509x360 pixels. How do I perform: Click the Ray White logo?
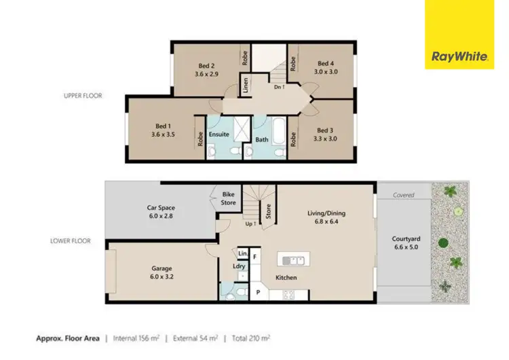(x=459, y=35)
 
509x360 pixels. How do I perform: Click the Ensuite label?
(x=219, y=134)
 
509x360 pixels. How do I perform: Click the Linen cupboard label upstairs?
(x=246, y=86)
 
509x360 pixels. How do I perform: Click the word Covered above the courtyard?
(x=403, y=195)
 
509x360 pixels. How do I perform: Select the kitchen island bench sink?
(x=295, y=259)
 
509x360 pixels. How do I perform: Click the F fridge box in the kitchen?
(x=255, y=257)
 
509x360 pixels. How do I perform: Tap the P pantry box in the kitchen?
(x=258, y=293)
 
